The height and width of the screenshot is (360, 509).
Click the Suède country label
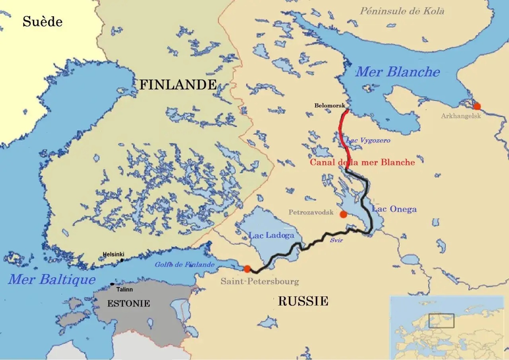[42, 21]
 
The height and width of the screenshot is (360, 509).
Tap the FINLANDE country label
[178, 84]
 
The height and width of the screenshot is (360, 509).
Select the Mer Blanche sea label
[397, 72]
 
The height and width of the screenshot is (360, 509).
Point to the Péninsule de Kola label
[402, 11]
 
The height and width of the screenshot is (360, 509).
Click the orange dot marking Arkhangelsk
[477, 106]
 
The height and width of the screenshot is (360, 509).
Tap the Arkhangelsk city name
[461, 116]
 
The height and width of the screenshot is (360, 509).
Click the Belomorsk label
[330, 106]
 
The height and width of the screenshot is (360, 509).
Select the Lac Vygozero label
[368, 140]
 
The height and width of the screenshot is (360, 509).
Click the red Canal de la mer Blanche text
[362, 162]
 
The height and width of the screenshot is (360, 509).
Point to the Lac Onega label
[394, 209]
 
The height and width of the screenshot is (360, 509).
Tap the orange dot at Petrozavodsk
[344, 214]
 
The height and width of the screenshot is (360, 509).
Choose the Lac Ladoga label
[271, 235]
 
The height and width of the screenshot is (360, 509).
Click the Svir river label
[336, 241]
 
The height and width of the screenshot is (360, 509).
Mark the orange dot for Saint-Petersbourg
[247, 269]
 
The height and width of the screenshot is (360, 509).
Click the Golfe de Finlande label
[185, 265]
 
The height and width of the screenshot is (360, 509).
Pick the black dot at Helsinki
[122, 260]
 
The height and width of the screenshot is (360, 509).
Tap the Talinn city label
[124, 290]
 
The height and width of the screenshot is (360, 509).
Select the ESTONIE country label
[128, 304]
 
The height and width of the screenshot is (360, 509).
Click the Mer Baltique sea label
[52, 279]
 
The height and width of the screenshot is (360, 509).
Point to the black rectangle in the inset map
[441, 321]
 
